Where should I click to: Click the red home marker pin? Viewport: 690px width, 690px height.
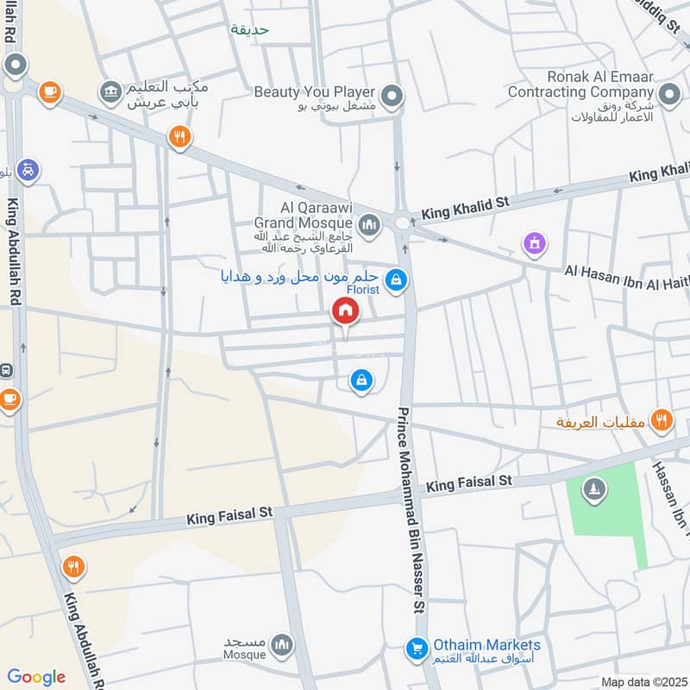(346, 311)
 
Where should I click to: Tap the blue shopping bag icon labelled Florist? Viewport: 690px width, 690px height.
(396, 279)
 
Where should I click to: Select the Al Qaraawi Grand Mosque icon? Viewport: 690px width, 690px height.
(370, 225)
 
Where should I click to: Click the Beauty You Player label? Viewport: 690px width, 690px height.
(315, 91)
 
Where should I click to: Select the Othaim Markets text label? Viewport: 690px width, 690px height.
(486, 645)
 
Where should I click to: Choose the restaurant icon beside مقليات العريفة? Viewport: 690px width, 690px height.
(662, 420)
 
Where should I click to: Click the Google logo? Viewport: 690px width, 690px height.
(35, 677)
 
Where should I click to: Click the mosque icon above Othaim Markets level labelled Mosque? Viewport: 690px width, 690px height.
(282, 643)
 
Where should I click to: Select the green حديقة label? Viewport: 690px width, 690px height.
(250, 29)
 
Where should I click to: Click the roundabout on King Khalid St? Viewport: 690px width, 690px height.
(402, 223)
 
